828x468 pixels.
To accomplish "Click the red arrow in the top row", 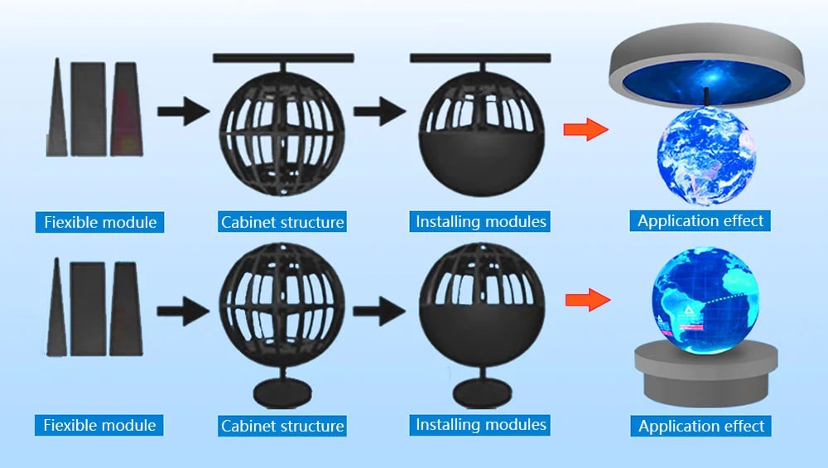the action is (x=585, y=129).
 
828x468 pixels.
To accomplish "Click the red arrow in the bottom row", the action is (x=588, y=300).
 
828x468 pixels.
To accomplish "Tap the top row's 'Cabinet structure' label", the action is (x=282, y=222).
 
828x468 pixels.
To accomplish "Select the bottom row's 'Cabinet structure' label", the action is (x=282, y=426).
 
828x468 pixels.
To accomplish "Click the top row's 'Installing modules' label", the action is (x=480, y=221).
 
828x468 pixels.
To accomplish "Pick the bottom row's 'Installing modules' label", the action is (x=480, y=425).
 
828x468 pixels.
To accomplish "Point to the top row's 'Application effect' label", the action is (x=700, y=221).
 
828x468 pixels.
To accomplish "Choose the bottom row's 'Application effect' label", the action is (x=700, y=426).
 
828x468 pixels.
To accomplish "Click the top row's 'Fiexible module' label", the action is (x=100, y=222).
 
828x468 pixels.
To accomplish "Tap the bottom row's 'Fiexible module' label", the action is (x=99, y=425).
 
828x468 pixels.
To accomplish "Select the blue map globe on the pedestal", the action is (x=705, y=300).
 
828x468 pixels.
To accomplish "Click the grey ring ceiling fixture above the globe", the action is (x=707, y=65).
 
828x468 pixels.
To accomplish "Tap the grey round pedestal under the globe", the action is (x=706, y=374).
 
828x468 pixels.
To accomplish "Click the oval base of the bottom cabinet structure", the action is (x=282, y=393).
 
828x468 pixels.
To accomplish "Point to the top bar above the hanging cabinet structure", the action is (x=283, y=58).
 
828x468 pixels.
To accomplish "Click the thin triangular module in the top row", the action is (x=56, y=107).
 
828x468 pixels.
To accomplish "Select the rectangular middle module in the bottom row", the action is (x=89, y=309).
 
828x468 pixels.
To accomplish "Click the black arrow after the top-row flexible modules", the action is (x=184, y=112).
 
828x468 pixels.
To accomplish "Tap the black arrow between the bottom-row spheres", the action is (x=379, y=311).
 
